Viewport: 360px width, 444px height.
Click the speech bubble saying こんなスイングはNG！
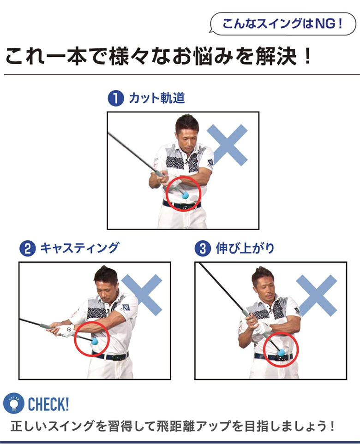click(x=282, y=24)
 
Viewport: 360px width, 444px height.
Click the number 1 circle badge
click(x=115, y=99)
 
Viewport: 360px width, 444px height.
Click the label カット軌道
click(x=157, y=99)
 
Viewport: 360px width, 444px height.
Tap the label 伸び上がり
click(x=245, y=249)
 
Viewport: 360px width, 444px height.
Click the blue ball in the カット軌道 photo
click(x=185, y=195)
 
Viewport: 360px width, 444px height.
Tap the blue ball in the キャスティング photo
click(x=96, y=342)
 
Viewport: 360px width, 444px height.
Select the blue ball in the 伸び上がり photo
click(x=281, y=353)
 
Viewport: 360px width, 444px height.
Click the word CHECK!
click(x=48, y=404)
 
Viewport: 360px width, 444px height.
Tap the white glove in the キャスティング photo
click(x=67, y=330)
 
